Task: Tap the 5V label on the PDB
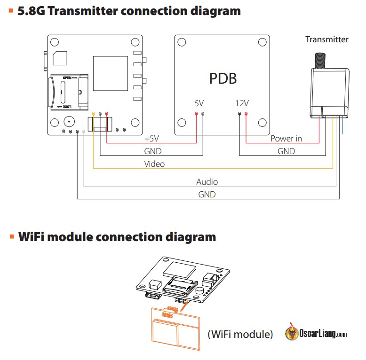pyautogui.click(x=199, y=103)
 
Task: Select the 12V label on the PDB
pyautogui.click(x=242, y=103)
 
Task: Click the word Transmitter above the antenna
pyautogui.click(x=327, y=39)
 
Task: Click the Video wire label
pyautogui.click(x=154, y=164)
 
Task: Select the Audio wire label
pyautogui.click(x=207, y=181)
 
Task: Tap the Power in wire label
pyautogui.click(x=286, y=139)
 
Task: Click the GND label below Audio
pyautogui.click(x=207, y=194)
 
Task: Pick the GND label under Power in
pyautogui.click(x=286, y=151)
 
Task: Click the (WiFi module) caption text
pyautogui.click(x=240, y=334)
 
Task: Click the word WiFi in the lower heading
pyautogui.click(x=35, y=237)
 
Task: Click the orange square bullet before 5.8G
pyautogui.click(x=10, y=10)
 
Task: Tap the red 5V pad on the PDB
pyautogui.click(x=196, y=114)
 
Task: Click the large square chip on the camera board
pyautogui.click(x=110, y=74)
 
